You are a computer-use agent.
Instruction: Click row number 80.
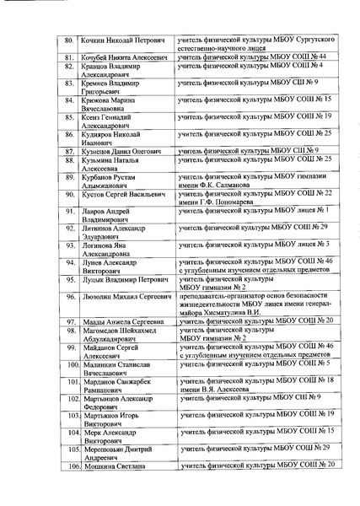click(70, 40)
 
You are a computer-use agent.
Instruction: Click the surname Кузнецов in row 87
click(96, 150)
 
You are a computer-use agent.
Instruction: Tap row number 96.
click(70, 299)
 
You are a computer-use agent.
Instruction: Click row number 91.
click(70, 210)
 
